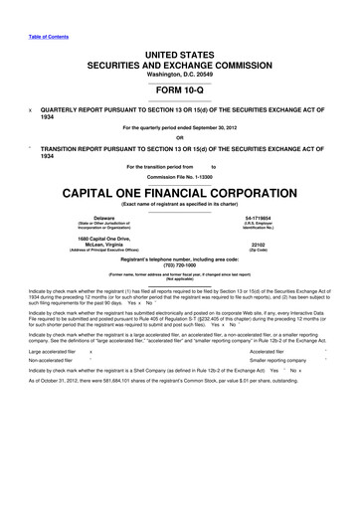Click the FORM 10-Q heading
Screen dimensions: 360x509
[179, 88]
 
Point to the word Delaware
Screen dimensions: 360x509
[104, 217]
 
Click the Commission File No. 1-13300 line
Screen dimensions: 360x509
[180, 175]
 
